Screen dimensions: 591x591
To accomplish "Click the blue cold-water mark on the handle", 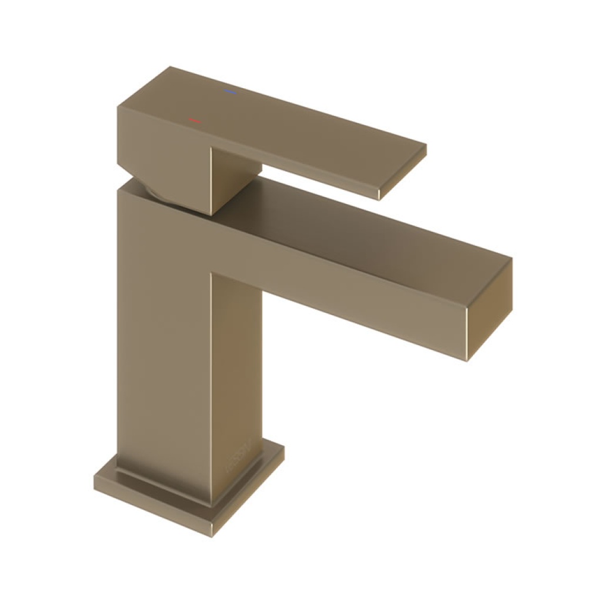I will point(229,92).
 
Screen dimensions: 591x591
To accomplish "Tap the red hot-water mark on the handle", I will point(194,120).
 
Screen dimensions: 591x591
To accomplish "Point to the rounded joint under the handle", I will point(159,194).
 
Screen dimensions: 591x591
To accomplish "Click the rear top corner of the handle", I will point(170,67).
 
